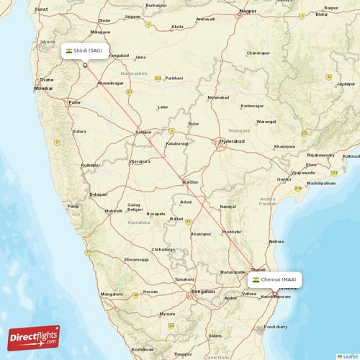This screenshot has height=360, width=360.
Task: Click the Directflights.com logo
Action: [x=34, y=337]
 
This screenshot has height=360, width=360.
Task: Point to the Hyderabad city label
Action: [x=232, y=142]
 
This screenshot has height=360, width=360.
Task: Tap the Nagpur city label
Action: [x=248, y=12]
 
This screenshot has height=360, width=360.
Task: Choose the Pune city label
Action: [x=74, y=102]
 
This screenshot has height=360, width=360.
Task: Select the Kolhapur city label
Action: [x=90, y=165]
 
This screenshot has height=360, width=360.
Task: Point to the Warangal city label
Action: [x=266, y=121]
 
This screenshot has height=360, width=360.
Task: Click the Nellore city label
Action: [x=276, y=241]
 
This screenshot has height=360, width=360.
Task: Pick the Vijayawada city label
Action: [x=303, y=173]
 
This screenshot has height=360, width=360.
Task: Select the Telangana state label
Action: [x=241, y=132]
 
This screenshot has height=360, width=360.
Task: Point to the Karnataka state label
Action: [x=140, y=224]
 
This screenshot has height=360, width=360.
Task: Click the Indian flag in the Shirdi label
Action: [x=69, y=50]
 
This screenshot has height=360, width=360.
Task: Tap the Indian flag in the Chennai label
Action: [x=256, y=279]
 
